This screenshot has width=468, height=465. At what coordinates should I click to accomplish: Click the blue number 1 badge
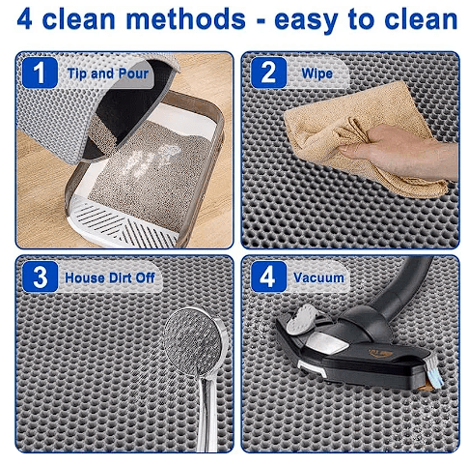(x=40, y=73)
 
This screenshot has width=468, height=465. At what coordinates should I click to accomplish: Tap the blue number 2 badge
(x=268, y=73)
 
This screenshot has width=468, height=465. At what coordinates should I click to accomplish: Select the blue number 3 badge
(x=41, y=276)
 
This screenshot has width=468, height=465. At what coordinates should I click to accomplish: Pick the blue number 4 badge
(x=268, y=276)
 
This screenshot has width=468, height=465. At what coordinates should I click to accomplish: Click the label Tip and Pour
(x=108, y=73)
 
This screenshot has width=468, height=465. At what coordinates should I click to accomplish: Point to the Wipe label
(x=317, y=73)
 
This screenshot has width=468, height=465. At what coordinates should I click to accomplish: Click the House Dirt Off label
(x=110, y=277)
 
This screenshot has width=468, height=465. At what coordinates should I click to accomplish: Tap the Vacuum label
(x=318, y=277)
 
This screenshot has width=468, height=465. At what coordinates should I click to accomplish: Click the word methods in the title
(x=185, y=19)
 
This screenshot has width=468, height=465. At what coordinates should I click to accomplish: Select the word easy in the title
(x=306, y=21)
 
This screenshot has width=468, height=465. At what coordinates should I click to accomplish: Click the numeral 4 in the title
(x=24, y=19)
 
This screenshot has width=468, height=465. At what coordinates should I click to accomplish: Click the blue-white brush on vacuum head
(x=435, y=370)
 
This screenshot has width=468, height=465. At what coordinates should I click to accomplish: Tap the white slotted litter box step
(x=124, y=222)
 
